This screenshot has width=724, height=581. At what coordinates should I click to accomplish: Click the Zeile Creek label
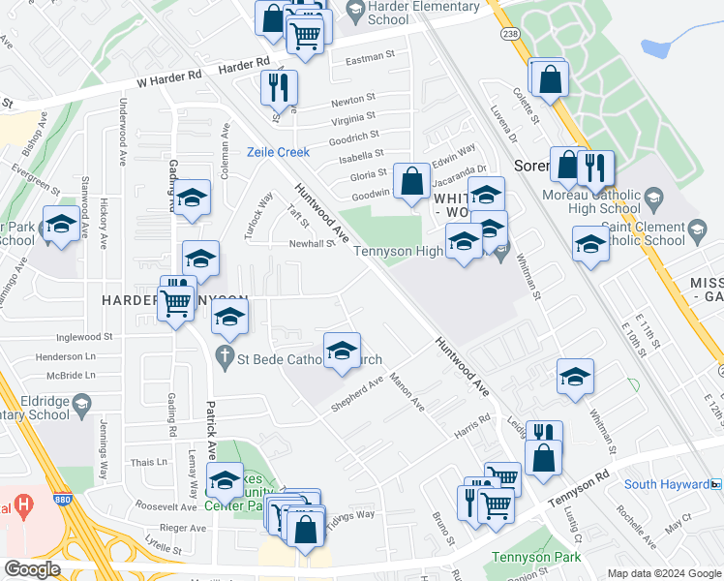278,152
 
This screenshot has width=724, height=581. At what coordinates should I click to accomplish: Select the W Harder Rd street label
170,77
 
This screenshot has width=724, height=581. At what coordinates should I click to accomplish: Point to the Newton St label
352,100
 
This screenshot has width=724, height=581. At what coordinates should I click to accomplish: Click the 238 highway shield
510,34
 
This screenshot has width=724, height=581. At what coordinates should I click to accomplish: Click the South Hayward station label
666,484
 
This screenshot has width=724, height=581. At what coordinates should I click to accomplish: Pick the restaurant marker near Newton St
279,87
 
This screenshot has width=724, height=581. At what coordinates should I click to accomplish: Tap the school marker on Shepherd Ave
342,352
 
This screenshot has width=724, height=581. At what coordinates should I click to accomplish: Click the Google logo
33,569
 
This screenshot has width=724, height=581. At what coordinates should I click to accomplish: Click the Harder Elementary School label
424,13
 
